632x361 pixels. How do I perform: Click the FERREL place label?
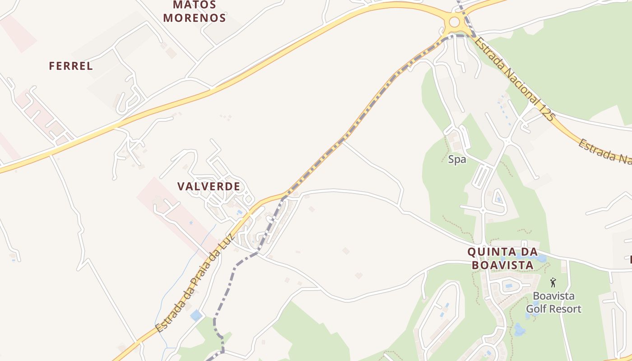pyautogui.click(x=71, y=66)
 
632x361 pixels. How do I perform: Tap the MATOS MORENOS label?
pyautogui.click(x=195, y=12)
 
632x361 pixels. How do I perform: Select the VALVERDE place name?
pyautogui.click(x=209, y=186)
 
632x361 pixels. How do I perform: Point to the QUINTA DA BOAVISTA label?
pyautogui.click(x=502, y=258)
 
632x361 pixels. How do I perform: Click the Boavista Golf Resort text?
pyautogui.click(x=553, y=303)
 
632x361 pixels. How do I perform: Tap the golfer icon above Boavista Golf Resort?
pyautogui.click(x=553, y=283)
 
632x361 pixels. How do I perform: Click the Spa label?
pyautogui.click(x=457, y=159)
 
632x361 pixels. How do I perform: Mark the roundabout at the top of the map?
pyautogui.click(x=454, y=21)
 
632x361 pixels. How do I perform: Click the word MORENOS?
pyautogui.click(x=195, y=18)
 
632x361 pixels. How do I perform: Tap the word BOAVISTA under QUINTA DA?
pyautogui.click(x=502, y=265)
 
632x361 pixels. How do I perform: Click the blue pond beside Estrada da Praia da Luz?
pyautogui.click(x=196, y=315)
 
